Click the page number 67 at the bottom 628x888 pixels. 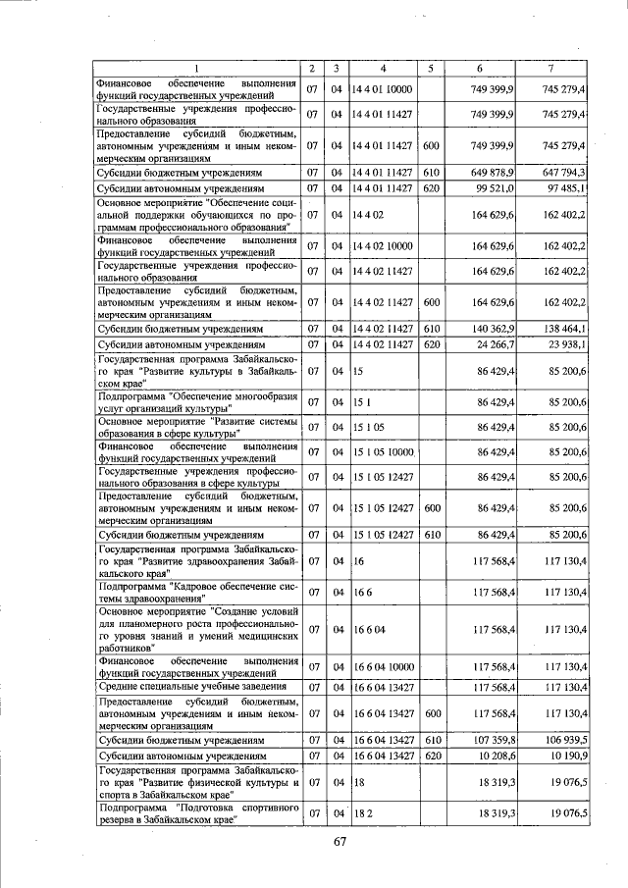340,842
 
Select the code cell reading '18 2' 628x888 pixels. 362,813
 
